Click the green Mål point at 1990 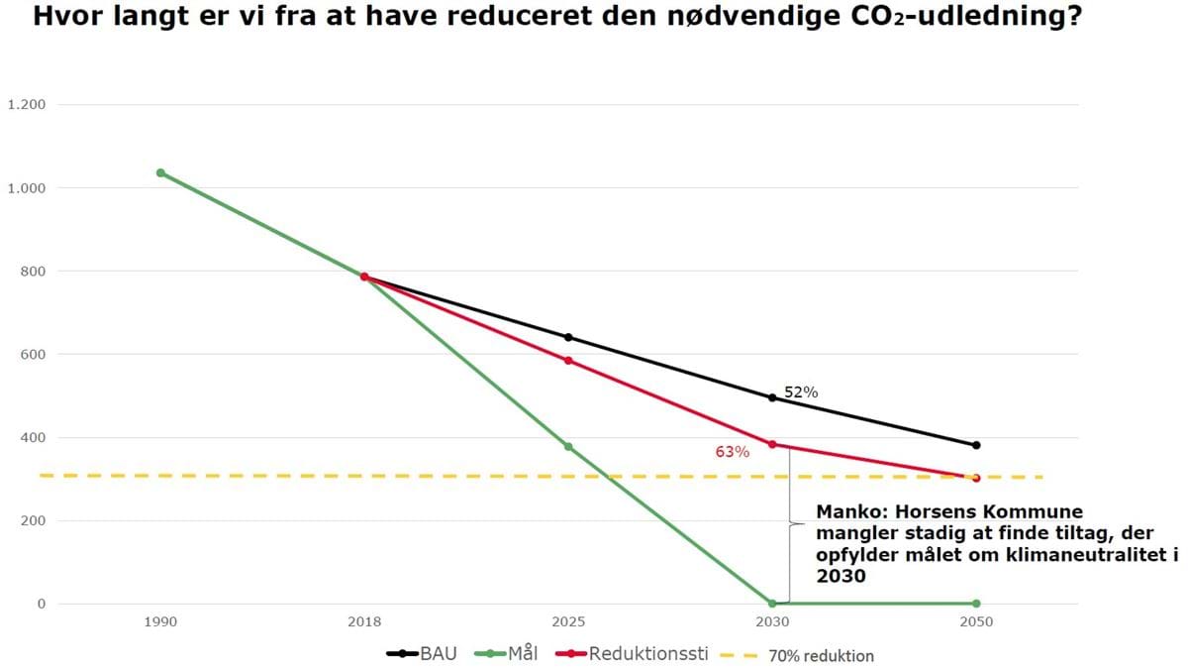[x=160, y=172]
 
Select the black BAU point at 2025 [x=568, y=337]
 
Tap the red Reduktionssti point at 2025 [x=568, y=360]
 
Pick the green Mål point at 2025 [x=568, y=447]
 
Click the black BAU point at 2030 [x=772, y=397]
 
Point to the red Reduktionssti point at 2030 [x=772, y=444]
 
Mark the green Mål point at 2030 [x=772, y=603]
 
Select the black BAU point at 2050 [x=976, y=445]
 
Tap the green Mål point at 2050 [x=976, y=603]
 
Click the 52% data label [x=801, y=391]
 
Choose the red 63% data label [x=733, y=452]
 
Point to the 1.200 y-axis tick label [x=27, y=105]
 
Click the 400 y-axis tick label [x=34, y=437]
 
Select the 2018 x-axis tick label [x=364, y=622]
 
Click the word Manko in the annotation [x=842, y=512]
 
